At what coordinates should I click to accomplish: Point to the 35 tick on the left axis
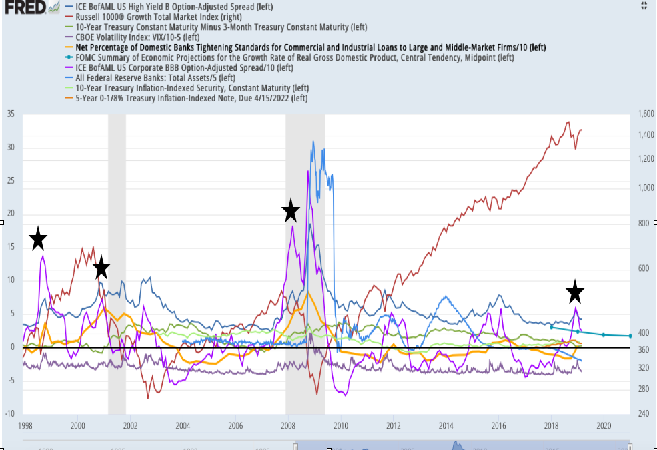[10, 114]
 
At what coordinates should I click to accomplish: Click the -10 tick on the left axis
[10, 414]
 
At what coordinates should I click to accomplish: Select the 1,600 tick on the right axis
[644, 114]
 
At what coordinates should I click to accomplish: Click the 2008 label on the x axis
[288, 425]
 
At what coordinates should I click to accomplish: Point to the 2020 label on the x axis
[604, 425]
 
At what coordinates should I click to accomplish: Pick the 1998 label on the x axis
[25, 425]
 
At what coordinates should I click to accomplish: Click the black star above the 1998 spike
[38, 238]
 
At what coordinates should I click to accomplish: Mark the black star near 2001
[101, 268]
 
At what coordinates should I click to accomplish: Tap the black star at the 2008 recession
[290, 210]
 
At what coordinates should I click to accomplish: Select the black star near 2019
[575, 292]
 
